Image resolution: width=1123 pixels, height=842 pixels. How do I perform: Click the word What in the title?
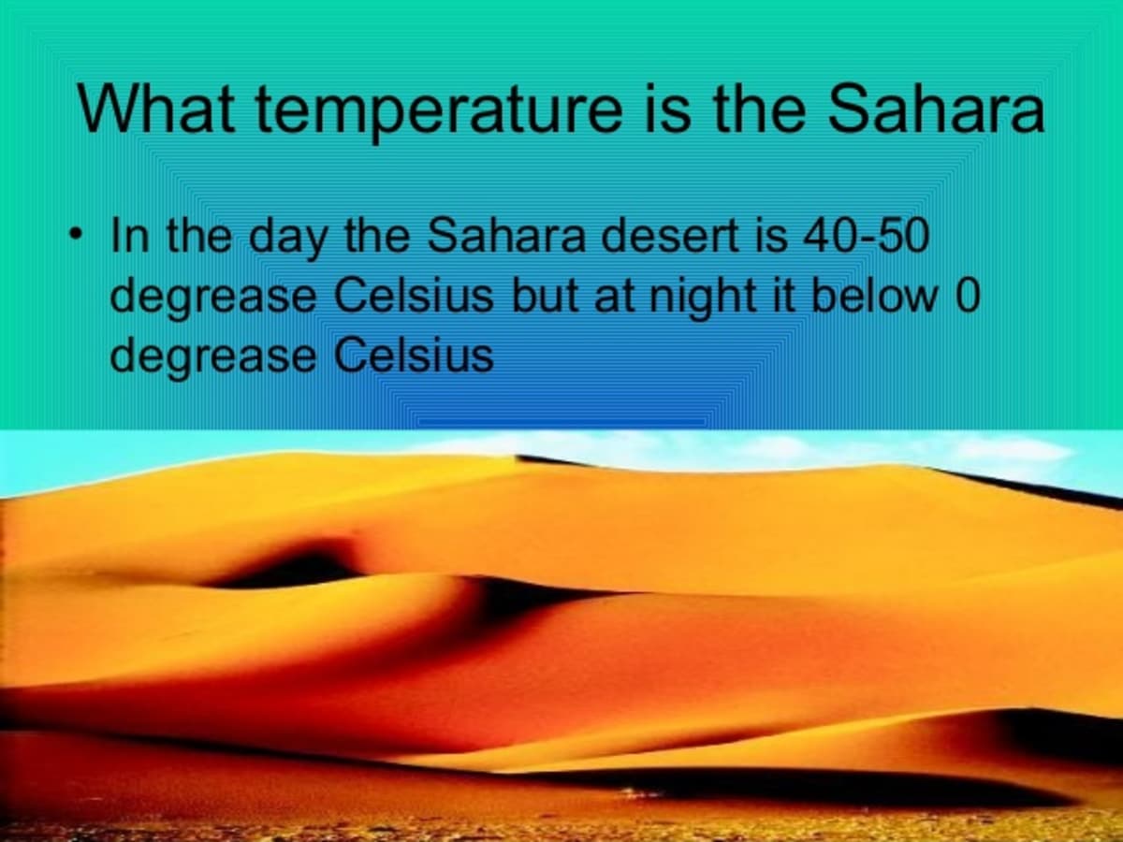[155, 108]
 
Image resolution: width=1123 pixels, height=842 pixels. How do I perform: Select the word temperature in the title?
[440, 113]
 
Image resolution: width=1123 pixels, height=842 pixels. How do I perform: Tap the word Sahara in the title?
[936, 108]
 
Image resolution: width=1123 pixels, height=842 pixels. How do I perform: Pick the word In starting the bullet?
[130, 235]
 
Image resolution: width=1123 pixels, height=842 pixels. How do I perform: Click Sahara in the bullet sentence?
[506, 235]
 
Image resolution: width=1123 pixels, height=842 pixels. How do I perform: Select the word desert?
[670, 235]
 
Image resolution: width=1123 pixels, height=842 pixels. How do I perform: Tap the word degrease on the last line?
[213, 359]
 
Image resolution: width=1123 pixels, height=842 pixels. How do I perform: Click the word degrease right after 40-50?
[213, 299]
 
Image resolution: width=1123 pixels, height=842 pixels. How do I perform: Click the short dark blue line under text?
[561, 422]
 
